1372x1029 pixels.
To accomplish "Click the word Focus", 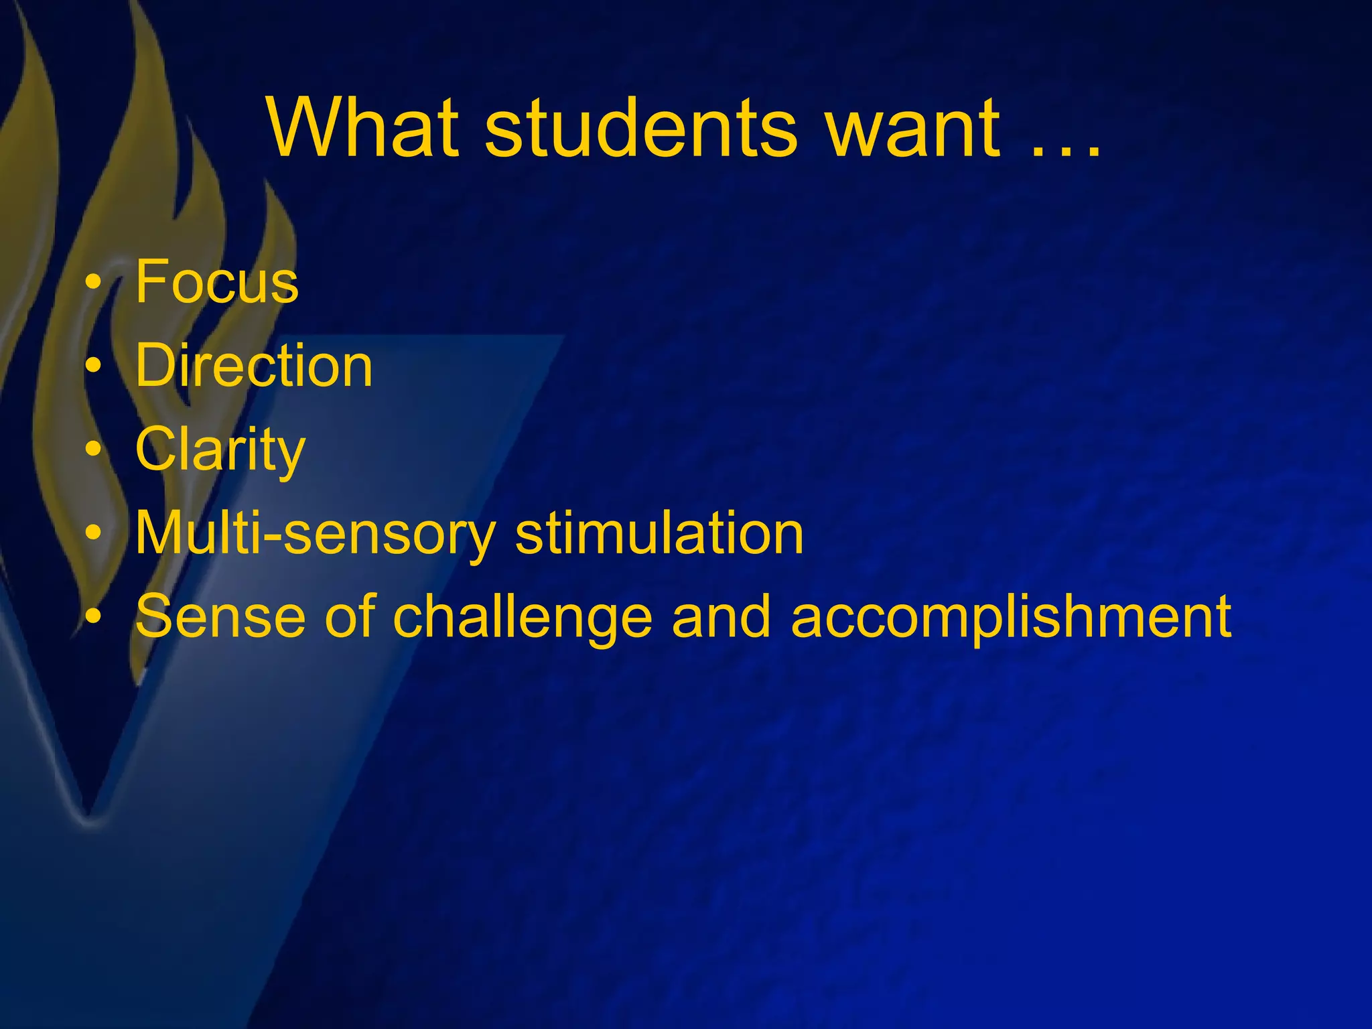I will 217,281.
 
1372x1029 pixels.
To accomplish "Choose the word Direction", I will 254,366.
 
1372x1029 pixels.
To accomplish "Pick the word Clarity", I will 220,450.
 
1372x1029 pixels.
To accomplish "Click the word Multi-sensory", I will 315,534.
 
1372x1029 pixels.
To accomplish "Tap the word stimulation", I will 659,534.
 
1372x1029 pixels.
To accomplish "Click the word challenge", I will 522,618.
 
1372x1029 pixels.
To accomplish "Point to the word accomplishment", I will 1011,618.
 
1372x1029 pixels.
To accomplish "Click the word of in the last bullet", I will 350,616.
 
